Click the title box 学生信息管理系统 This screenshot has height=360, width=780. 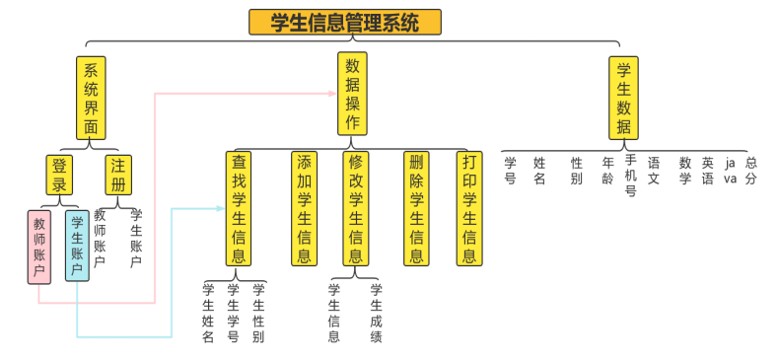pyautogui.click(x=344, y=22)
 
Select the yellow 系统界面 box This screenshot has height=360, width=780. pyautogui.click(x=91, y=98)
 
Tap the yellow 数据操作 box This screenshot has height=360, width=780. pyautogui.click(x=352, y=94)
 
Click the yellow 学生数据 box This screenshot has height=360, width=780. pyautogui.click(x=623, y=98)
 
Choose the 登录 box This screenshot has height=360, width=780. pyautogui.click(x=60, y=176)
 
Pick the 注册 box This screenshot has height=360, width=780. pyautogui.click(x=118, y=176)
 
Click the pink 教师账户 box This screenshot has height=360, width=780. pyautogui.click(x=39, y=247)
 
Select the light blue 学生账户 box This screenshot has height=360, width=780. pyautogui.click(x=77, y=246)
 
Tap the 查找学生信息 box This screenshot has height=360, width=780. pyautogui.click(x=239, y=208)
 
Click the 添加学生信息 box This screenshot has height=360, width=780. pyautogui.click(x=305, y=208)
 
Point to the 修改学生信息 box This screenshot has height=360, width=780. pyautogui.click(x=356, y=208)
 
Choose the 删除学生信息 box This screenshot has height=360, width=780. pyautogui.click(x=416, y=208)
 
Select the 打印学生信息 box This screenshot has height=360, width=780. pyautogui.click(x=469, y=208)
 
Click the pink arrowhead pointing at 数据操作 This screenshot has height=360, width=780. pyautogui.click(x=331, y=94)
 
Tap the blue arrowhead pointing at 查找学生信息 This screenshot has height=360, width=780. pyautogui.click(x=220, y=208)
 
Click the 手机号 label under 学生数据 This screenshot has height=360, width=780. pyautogui.click(x=631, y=175)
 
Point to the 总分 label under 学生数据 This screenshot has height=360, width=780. pyautogui.click(x=751, y=171)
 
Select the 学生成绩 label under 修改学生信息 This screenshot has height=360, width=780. pyautogui.click(x=376, y=313)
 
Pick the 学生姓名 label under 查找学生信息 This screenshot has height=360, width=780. pyautogui.click(x=208, y=313)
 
